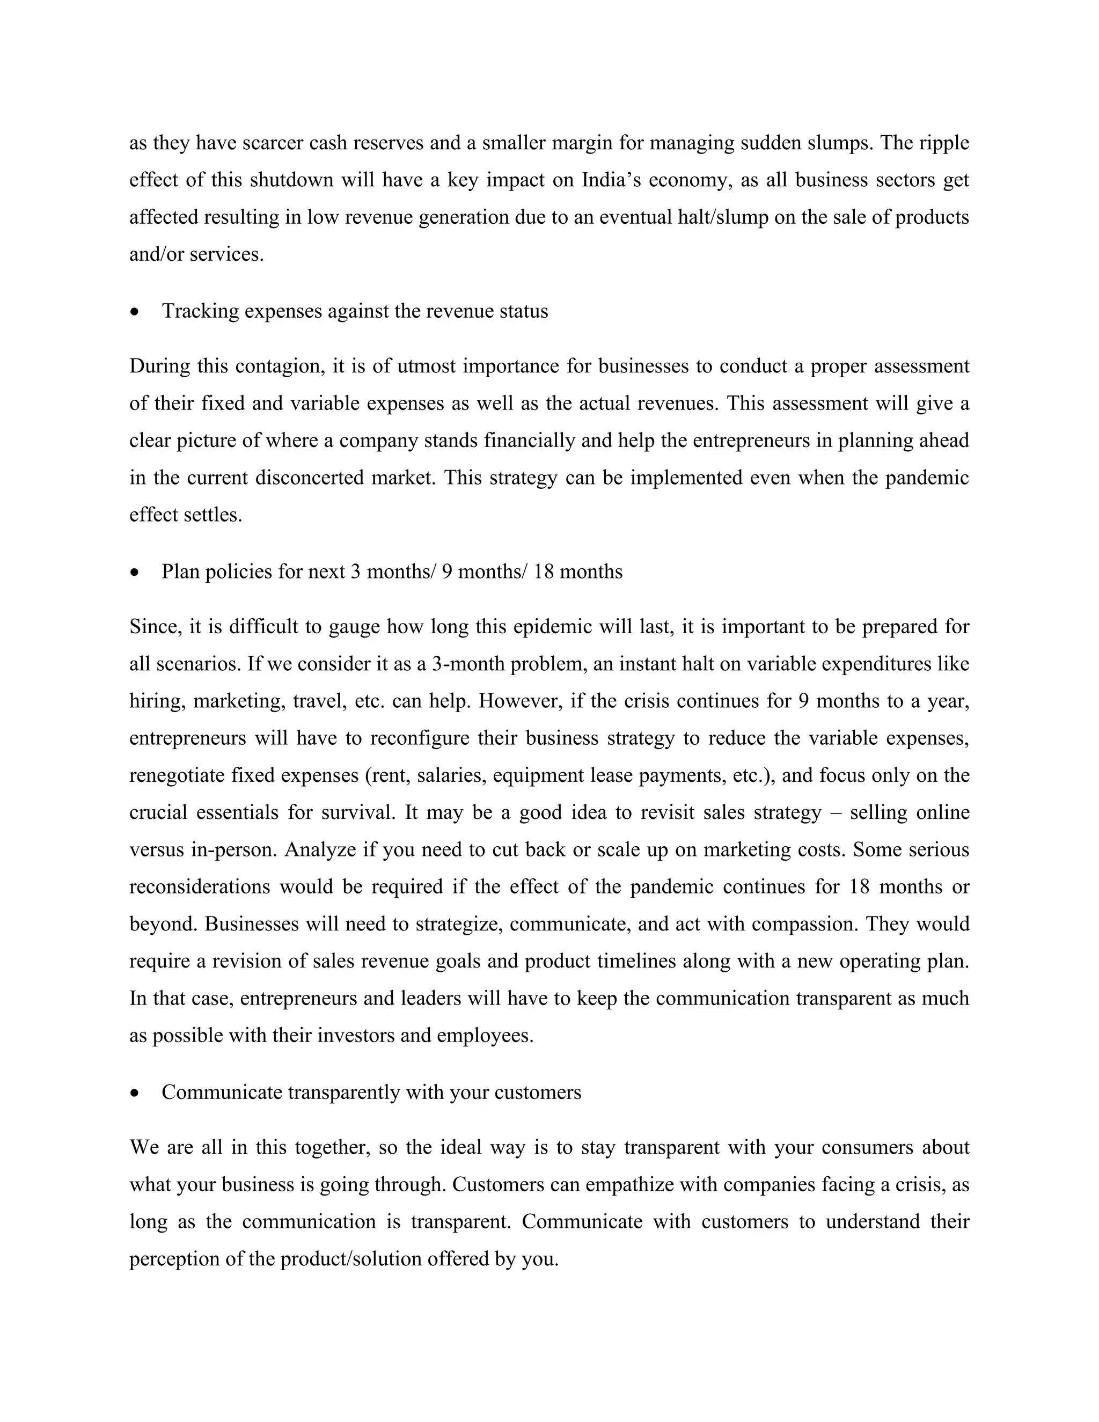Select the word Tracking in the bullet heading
click(x=201, y=311)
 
